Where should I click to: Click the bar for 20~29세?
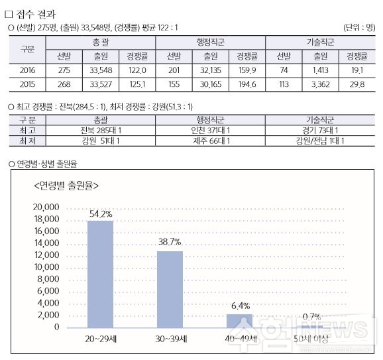point(101,274)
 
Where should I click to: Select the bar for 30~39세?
point(170,290)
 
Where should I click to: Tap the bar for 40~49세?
point(239,321)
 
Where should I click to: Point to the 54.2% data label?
point(101,214)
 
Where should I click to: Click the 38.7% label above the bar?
point(170,242)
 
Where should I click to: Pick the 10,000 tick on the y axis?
point(47,267)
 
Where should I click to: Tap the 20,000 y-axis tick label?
point(46,207)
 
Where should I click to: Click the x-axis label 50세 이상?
point(311,339)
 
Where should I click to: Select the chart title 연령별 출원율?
point(66,186)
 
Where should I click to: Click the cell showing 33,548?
point(101,70)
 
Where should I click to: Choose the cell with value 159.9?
point(247,70)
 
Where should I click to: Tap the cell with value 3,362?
point(320,84)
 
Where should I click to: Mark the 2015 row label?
point(27,84)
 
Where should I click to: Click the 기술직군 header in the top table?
point(320,42)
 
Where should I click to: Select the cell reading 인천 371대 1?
point(210,131)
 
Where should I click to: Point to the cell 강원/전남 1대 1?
point(320,141)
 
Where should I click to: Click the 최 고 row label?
point(27,131)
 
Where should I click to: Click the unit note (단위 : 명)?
point(359,27)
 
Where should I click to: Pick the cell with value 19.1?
point(357,70)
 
